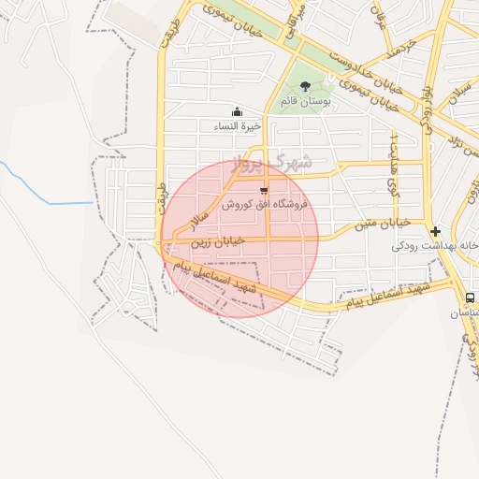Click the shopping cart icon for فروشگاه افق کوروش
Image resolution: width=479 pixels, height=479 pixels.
pos(264,191)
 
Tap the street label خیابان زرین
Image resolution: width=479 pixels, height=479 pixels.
pos(218,240)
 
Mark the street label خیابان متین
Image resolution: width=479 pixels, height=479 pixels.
pos(378,223)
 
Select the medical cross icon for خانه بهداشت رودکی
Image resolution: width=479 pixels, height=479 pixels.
pos(435,231)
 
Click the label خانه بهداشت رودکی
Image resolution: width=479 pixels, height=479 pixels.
pos(435,245)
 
